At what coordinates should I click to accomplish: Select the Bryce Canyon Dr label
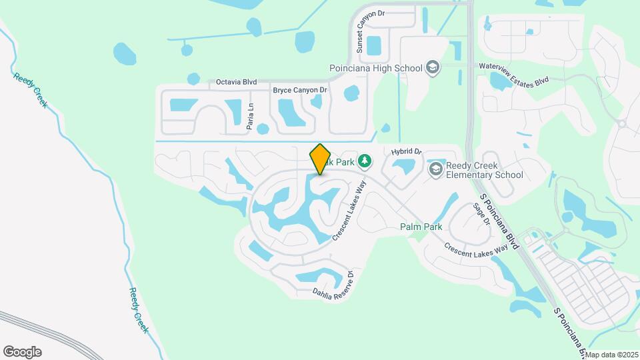[x=300, y=89]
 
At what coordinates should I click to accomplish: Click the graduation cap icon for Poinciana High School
[x=433, y=67]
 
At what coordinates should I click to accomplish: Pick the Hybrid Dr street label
[x=407, y=152]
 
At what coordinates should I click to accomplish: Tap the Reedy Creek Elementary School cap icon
[x=436, y=169]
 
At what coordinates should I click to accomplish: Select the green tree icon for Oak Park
[x=364, y=161]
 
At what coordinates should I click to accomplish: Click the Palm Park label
[x=421, y=227]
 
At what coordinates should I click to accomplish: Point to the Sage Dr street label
[x=481, y=215]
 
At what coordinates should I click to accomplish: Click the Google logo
[x=22, y=352]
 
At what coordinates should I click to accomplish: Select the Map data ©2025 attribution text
[x=611, y=355]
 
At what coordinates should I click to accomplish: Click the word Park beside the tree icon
[x=345, y=161]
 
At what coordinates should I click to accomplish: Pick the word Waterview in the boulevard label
[x=497, y=67]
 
